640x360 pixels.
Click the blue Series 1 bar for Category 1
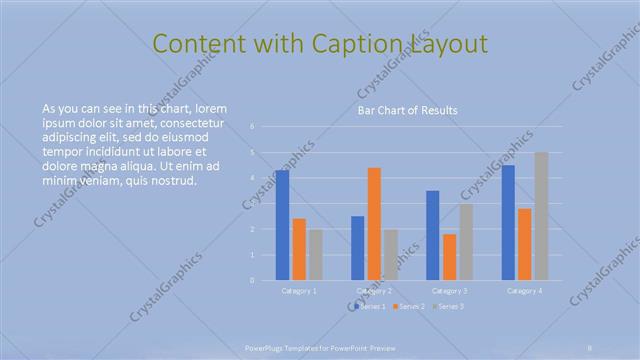283,225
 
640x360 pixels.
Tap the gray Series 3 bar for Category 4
541,216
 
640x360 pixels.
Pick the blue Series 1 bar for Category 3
432,235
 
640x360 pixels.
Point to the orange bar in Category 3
449,257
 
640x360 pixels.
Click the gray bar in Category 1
315,255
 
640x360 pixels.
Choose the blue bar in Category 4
508,222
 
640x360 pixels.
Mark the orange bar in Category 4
524,244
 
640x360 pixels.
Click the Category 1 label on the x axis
299,291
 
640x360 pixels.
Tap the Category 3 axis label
450,291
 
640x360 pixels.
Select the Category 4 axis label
525,291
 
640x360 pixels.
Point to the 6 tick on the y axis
253,127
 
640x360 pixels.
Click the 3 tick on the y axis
253,204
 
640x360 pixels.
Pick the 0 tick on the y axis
253,281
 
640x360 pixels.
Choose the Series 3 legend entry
450,306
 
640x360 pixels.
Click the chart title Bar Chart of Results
407,110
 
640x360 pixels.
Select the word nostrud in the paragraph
174,181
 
